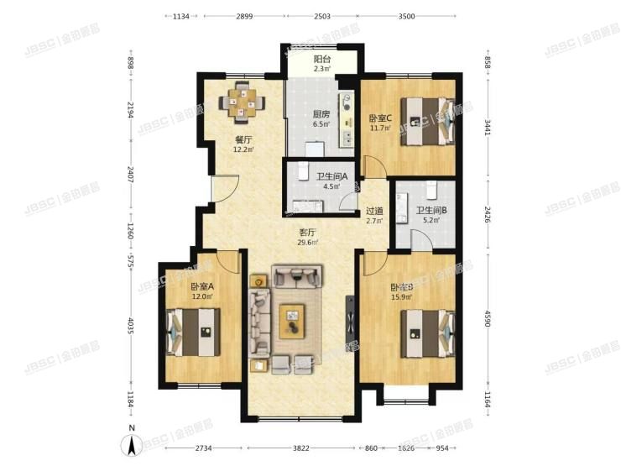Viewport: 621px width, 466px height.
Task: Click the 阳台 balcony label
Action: [321, 60]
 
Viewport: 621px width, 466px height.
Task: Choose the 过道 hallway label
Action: [375, 212]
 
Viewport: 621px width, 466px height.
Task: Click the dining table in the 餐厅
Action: [242, 102]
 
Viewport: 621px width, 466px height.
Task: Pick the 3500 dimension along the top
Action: [406, 16]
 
